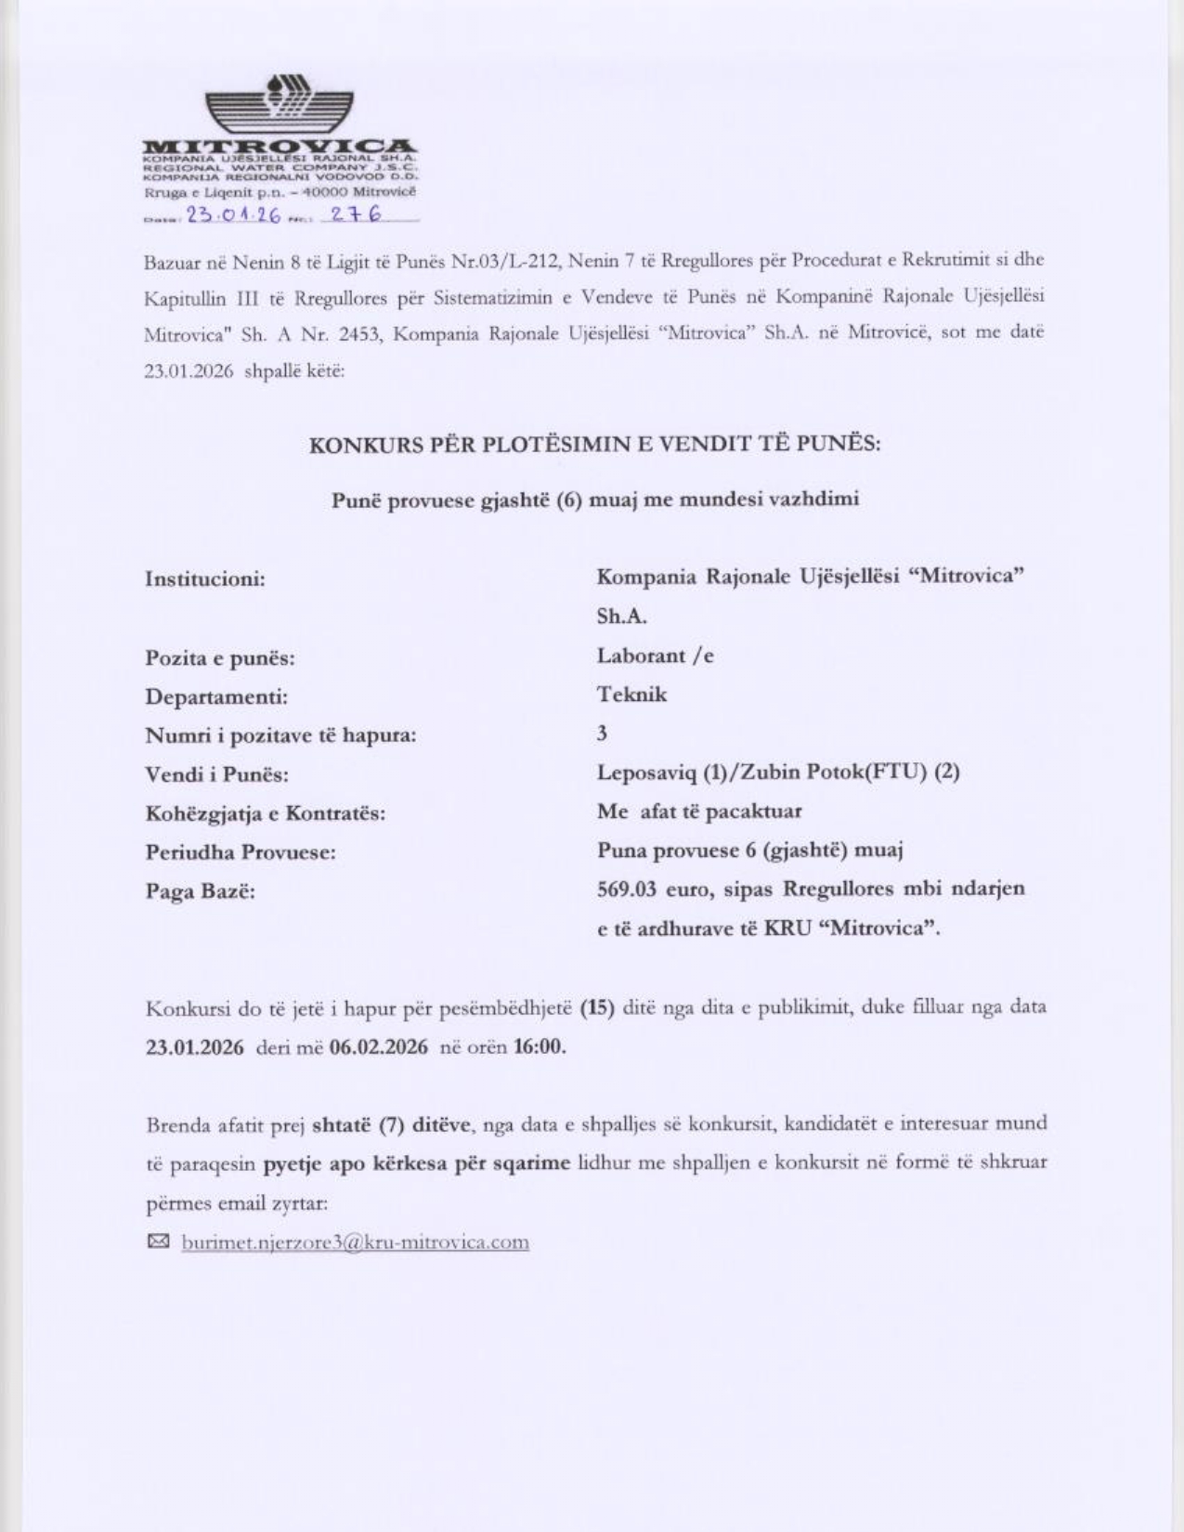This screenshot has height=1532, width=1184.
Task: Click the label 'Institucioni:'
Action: coord(205,579)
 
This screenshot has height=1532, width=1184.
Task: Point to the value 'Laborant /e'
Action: coord(655,656)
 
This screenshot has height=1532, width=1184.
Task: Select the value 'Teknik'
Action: coord(631,695)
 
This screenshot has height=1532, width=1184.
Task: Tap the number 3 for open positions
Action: coord(602,734)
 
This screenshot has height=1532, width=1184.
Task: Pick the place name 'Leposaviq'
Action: coord(640,772)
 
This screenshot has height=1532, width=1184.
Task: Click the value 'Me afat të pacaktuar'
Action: coord(699,811)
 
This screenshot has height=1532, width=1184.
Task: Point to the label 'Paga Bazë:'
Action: coord(200,891)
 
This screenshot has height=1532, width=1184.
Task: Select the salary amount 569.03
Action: coord(627,889)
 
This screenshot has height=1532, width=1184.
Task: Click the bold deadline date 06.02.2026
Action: coord(379,1047)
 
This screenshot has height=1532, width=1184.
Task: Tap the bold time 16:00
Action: coord(539,1047)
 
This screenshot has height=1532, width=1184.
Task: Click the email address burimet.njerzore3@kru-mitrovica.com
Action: coord(356,1242)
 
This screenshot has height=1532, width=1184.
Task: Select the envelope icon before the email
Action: coord(159,1241)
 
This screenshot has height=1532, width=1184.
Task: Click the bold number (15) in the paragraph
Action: coord(597,1007)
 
